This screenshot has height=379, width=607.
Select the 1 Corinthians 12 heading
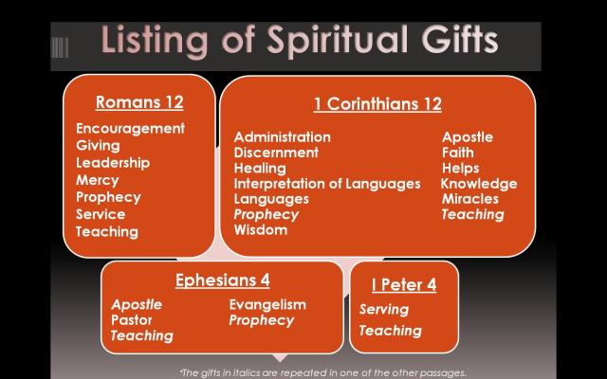pos(377,104)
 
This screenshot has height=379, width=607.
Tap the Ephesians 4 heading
pos(222,280)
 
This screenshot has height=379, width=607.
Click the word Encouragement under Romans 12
pos(130,129)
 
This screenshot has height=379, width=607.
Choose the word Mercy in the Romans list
pos(98,180)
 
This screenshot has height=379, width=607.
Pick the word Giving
pos(98,146)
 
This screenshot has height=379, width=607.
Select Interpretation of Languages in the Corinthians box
pos(327,183)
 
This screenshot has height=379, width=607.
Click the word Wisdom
pos(261,229)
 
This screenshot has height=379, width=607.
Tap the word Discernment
pos(276,153)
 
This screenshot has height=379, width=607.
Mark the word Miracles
pos(470,199)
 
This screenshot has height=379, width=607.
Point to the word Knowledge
pos(479,183)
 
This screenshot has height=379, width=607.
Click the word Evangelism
pos(268,304)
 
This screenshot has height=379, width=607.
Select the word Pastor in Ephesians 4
pos(131,320)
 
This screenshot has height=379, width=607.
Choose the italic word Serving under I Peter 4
pos(384,310)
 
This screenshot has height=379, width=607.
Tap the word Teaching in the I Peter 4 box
pos(390,331)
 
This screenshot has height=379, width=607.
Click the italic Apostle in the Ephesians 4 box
pos(137,304)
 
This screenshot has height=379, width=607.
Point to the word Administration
pos(283,137)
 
